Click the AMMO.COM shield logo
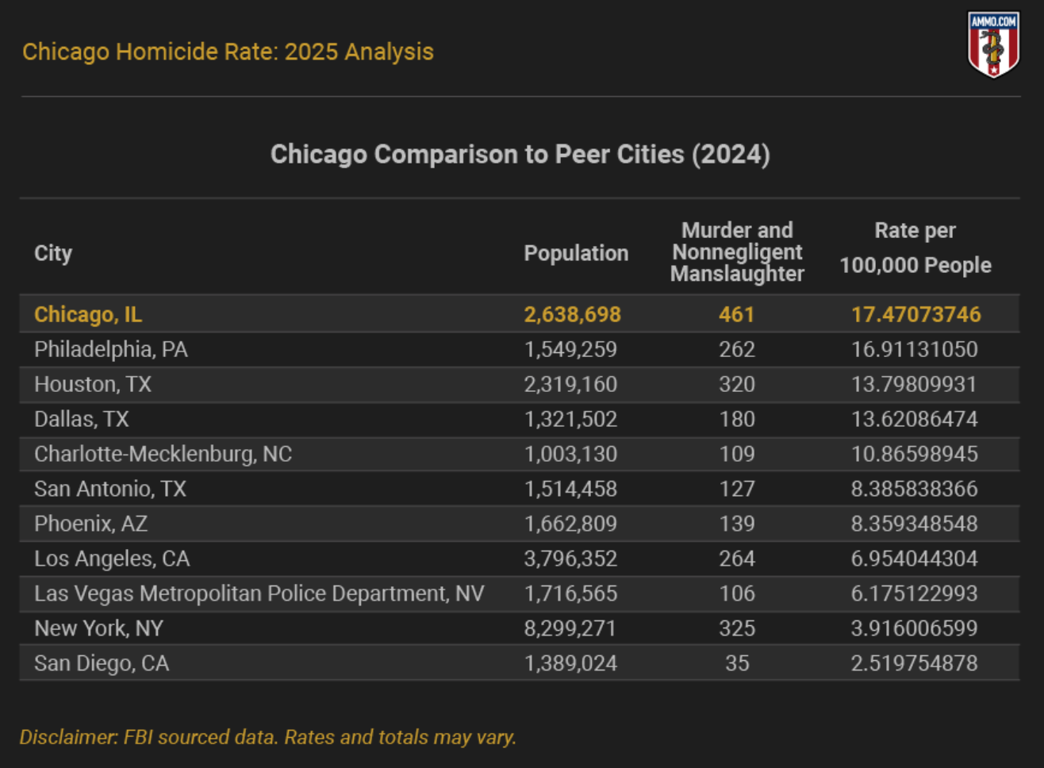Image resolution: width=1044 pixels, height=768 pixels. [x=993, y=44]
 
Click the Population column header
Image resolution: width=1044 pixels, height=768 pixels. [x=576, y=253]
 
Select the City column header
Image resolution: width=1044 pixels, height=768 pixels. [x=53, y=253]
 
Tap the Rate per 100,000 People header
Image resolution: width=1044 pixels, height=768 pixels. [x=915, y=248]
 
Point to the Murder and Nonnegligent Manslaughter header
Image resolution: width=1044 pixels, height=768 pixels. [x=737, y=252]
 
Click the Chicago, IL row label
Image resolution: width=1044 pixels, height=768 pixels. [x=88, y=314]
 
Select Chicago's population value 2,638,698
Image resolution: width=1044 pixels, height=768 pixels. [x=572, y=314]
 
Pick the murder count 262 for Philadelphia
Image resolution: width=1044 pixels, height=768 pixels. [x=736, y=349]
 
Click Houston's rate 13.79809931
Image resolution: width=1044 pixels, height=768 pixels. [x=914, y=384]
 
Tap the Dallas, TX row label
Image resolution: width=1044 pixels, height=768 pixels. [x=81, y=419]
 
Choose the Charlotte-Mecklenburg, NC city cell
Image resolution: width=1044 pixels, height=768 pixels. [x=163, y=454]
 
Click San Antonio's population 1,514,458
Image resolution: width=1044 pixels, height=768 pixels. [x=570, y=489]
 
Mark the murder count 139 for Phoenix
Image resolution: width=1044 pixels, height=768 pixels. [x=736, y=524]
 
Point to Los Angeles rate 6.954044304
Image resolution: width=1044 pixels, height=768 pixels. [x=914, y=559]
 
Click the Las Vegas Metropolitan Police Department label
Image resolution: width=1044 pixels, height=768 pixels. [x=259, y=593]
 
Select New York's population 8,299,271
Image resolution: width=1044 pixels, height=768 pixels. [x=570, y=628]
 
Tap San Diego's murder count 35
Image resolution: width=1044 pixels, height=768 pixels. [x=737, y=663]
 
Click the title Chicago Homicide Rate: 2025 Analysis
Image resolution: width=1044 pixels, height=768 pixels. [x=228, y=52]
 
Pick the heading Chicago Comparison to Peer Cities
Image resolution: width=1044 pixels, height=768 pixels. [x=520, y=154]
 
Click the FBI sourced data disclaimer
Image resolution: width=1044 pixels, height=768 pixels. [x=268, y=737]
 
